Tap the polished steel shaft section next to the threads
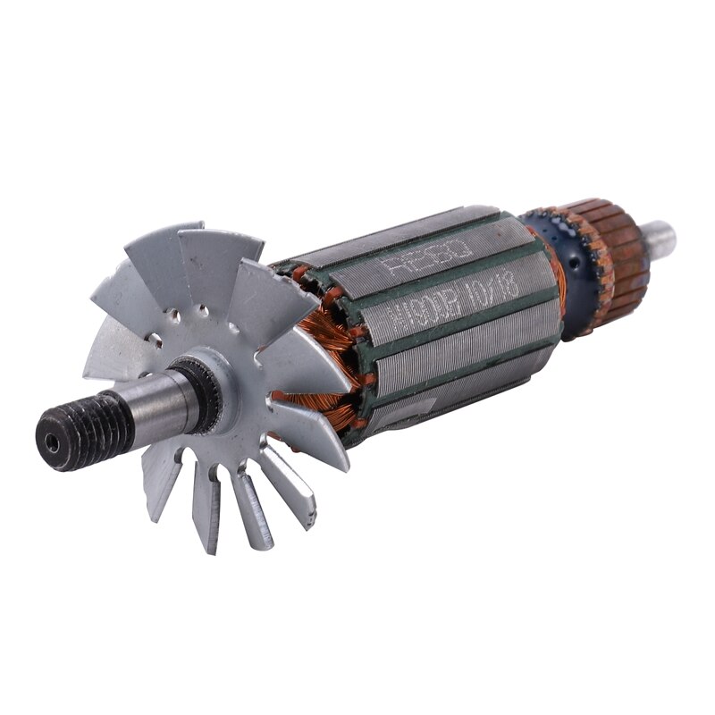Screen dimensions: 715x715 (x=156, y=407)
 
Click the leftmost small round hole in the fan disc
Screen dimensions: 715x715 (x=156, y=341)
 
